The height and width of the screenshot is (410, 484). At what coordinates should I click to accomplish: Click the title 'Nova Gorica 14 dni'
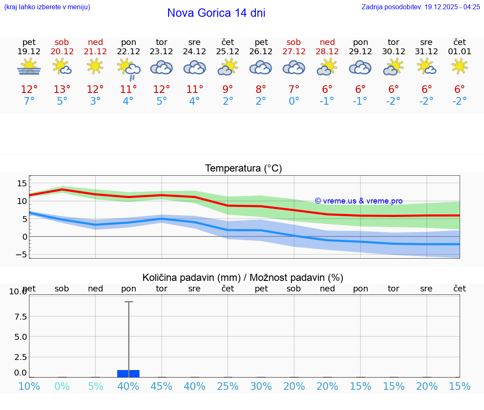tap(216, 13)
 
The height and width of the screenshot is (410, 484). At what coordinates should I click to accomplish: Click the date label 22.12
tap(128, 52)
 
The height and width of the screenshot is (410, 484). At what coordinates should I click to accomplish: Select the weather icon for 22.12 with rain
tap(128, 68)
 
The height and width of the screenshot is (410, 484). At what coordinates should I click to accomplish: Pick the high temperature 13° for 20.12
tap(62, 90)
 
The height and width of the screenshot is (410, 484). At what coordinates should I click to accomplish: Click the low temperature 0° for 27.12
tap(294, 101)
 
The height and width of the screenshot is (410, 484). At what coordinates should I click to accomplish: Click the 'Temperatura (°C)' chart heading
tap(243, 169)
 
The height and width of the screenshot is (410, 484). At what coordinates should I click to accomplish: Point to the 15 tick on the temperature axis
tap(22, 183)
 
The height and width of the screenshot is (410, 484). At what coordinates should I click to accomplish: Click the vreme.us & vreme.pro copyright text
tap(358, 201)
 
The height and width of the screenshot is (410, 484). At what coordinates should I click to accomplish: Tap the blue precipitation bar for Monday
tap(128, 373)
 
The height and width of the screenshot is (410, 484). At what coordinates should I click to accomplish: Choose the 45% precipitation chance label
tap(161, 386)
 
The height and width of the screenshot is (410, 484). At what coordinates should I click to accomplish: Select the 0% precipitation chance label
tap(62, 386)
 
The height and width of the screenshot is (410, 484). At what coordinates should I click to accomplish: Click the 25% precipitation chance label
tap(228, 386)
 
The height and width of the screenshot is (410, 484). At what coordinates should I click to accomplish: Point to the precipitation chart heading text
tap(243, 278)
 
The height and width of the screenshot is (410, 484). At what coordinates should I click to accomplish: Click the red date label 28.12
tap(327, 52)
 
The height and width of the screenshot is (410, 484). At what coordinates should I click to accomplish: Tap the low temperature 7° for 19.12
tap(29, 101)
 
